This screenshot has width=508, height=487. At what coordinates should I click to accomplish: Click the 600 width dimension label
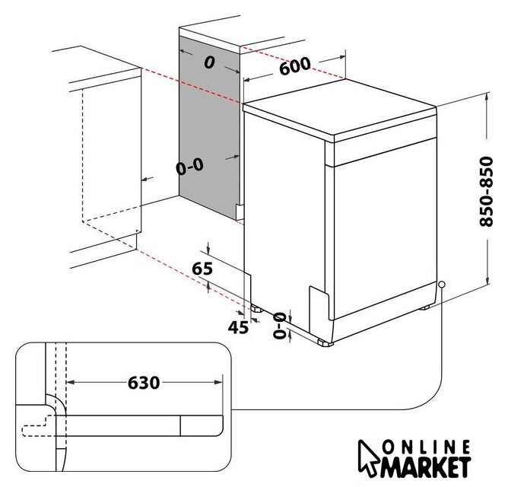click(x=294, y=65)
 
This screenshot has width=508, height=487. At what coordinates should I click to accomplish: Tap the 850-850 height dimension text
click(x=486, y=192)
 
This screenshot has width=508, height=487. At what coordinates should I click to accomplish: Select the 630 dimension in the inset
click(x=144, y=383)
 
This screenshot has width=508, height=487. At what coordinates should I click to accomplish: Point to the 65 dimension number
click(x=202, y=269)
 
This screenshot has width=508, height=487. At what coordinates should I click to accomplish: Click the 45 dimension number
click(x=238, y=327)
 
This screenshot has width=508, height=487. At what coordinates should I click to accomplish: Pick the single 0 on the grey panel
click(x=209, y=62)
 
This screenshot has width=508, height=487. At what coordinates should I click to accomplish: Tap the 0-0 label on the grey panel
click(x=190, y=167)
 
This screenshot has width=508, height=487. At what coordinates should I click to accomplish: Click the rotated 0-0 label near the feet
click(x=279, y=326)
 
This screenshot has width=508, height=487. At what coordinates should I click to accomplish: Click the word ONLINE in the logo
click(x=426, y=447)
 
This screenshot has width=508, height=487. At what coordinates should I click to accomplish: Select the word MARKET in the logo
click(x=425, y=467)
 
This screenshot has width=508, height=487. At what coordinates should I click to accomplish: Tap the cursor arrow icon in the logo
click(x=368, y=458)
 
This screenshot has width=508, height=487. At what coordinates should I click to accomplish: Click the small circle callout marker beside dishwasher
click(x=441, y=285)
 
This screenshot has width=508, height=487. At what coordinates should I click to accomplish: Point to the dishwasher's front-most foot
click(x=325, y=343)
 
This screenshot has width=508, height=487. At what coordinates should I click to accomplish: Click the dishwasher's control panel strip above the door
click(x=384, y=152)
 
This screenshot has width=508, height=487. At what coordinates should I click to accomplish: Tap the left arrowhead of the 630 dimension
click(x=70, y=383)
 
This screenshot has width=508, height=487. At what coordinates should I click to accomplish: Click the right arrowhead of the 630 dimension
click(x=219, y=383)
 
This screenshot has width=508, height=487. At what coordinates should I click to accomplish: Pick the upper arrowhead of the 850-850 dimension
click(x=487, y=97)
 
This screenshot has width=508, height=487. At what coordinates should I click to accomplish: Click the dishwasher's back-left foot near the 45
click(x=257, y=309)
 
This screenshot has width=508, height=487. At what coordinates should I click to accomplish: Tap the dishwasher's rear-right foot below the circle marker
click(x=424, y=307)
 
